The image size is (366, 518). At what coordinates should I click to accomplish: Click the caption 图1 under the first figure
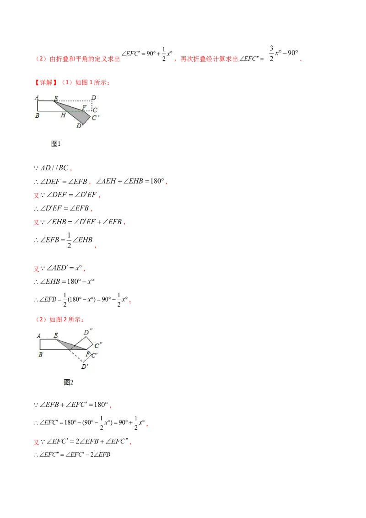click(56, 144)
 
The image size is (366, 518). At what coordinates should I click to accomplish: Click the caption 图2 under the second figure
click(68, 382)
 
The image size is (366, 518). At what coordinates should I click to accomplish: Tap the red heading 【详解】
click(46, 82)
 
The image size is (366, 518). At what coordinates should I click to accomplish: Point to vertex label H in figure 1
click(63, 115)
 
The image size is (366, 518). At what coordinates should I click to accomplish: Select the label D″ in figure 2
click(88, 332)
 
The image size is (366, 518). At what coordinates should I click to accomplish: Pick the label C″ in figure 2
click(98, 345)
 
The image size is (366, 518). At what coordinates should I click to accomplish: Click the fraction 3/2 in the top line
click(272, 53)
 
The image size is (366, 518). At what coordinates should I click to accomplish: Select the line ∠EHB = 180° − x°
click(64, 281)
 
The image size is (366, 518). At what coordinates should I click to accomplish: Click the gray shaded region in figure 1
click(76, 112)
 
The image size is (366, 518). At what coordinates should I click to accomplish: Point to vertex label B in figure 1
click(37, 116)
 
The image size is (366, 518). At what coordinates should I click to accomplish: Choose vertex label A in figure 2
click(38, 336)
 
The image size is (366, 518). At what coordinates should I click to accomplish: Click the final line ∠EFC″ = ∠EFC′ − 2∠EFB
click(72, 454)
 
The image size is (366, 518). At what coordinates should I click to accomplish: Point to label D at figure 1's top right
click(94, 98)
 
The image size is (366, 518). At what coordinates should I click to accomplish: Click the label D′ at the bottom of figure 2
click(85, 367)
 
